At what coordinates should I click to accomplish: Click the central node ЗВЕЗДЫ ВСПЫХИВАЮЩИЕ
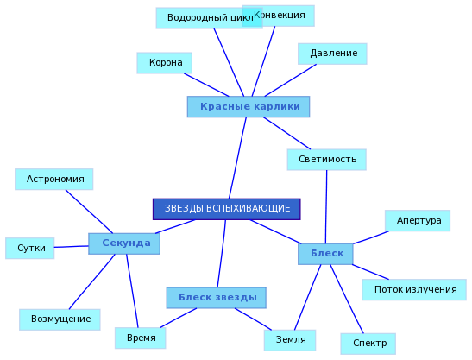227,209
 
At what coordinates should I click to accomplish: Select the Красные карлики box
249,107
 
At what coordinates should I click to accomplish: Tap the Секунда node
124,243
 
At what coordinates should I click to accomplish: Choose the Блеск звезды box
217,298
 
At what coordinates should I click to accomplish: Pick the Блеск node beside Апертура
325,254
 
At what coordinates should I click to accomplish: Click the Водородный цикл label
209,18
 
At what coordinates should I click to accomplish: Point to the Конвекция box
279,16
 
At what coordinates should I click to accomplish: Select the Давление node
332,54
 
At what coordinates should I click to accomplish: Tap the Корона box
164,63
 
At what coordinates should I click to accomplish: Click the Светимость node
327,160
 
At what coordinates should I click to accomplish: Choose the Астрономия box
53,180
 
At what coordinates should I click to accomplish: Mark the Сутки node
30,249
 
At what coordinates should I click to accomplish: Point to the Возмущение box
60,319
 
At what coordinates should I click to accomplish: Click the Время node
141,338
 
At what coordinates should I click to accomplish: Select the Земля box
290,340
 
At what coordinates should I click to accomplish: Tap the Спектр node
368,344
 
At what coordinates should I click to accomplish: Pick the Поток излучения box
414,290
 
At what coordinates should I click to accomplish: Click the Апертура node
418,220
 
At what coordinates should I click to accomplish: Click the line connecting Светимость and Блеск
326,207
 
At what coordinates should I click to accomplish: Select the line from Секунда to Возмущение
92,281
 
